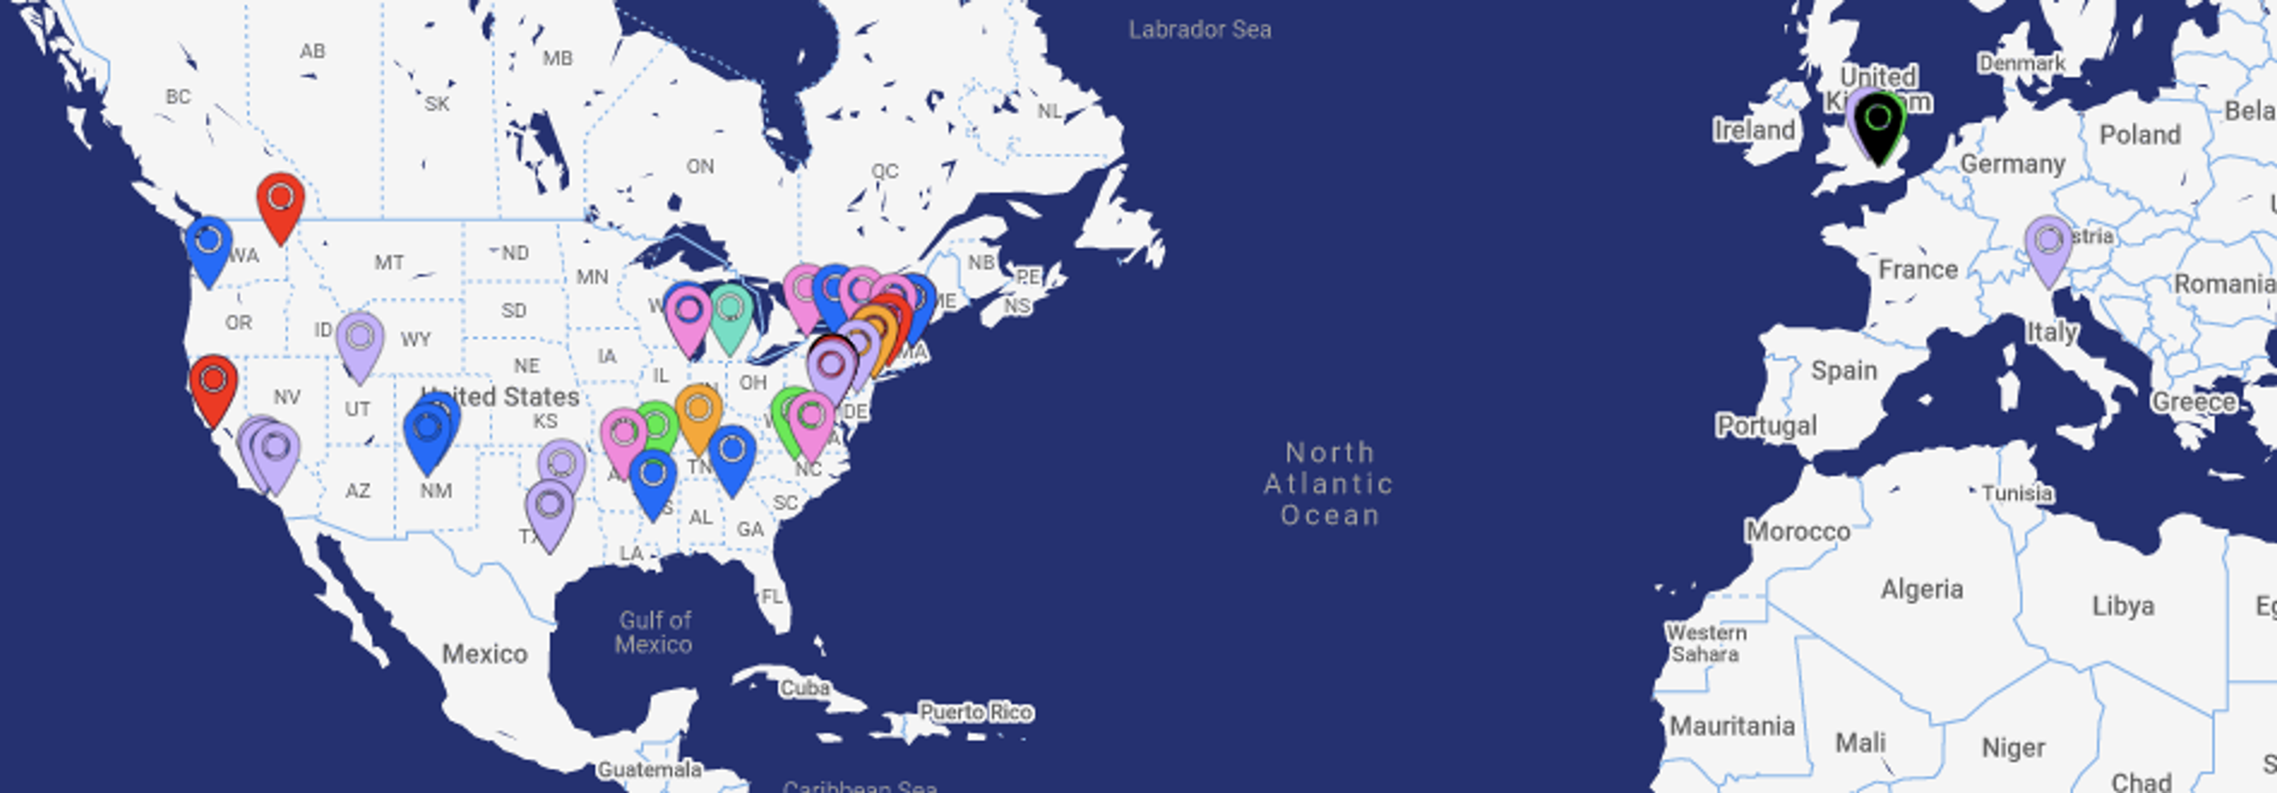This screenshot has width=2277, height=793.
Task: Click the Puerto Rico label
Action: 976,712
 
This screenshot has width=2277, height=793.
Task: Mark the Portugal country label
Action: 1766,426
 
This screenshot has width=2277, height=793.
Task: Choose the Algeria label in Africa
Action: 1922,589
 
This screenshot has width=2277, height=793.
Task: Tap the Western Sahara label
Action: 1705,644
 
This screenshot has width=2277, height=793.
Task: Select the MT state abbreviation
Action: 389,263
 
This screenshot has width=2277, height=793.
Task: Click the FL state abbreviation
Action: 771,597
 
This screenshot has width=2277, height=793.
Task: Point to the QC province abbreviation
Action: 884,171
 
